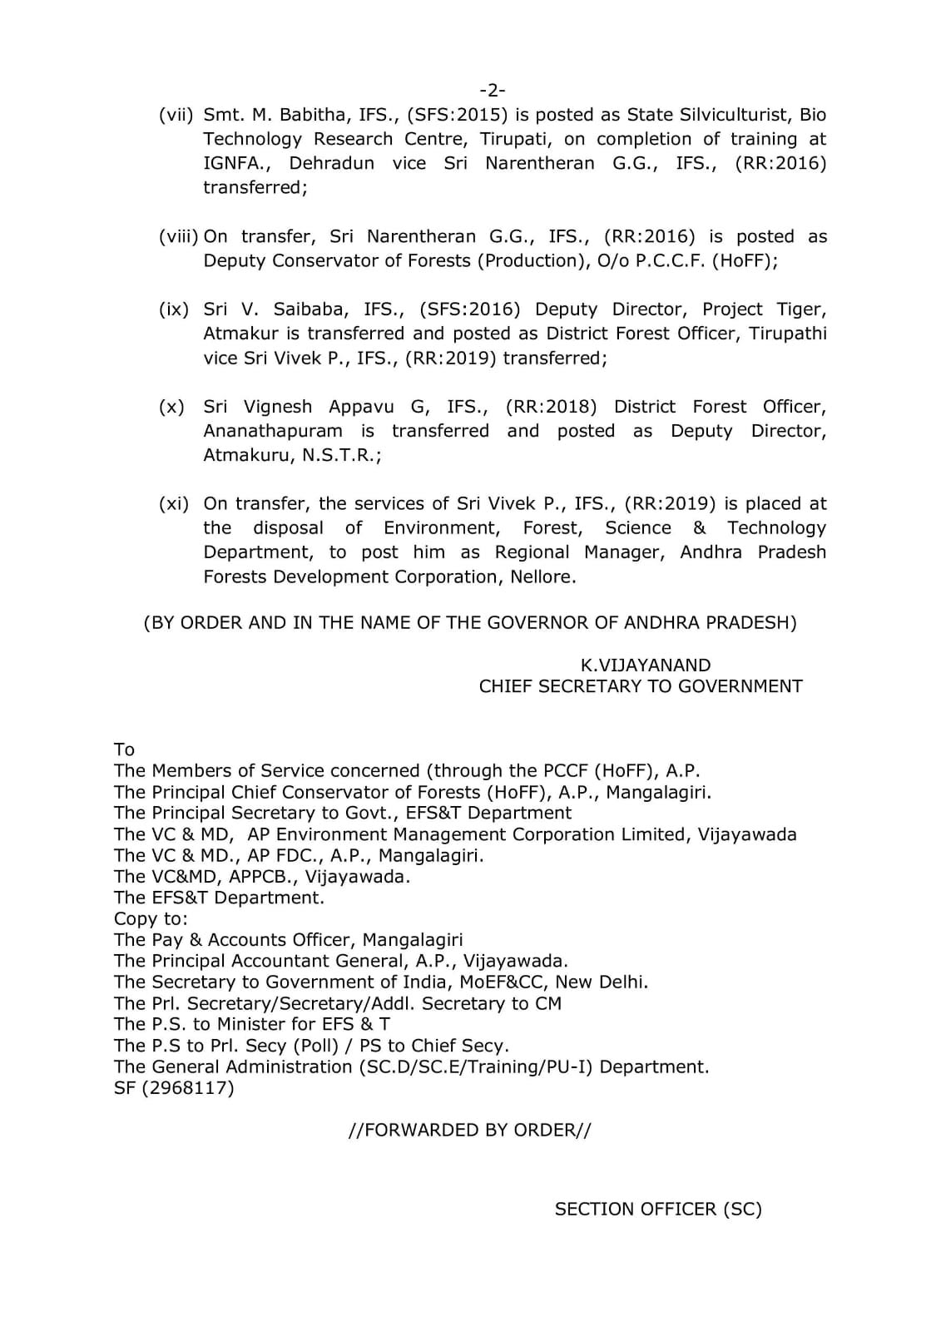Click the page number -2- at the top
(493, 90)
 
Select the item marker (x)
(172, 407)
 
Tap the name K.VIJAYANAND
(645, 665)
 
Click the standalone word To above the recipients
(124, 750)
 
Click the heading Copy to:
(151, 918)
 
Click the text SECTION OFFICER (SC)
(658, 1209)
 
